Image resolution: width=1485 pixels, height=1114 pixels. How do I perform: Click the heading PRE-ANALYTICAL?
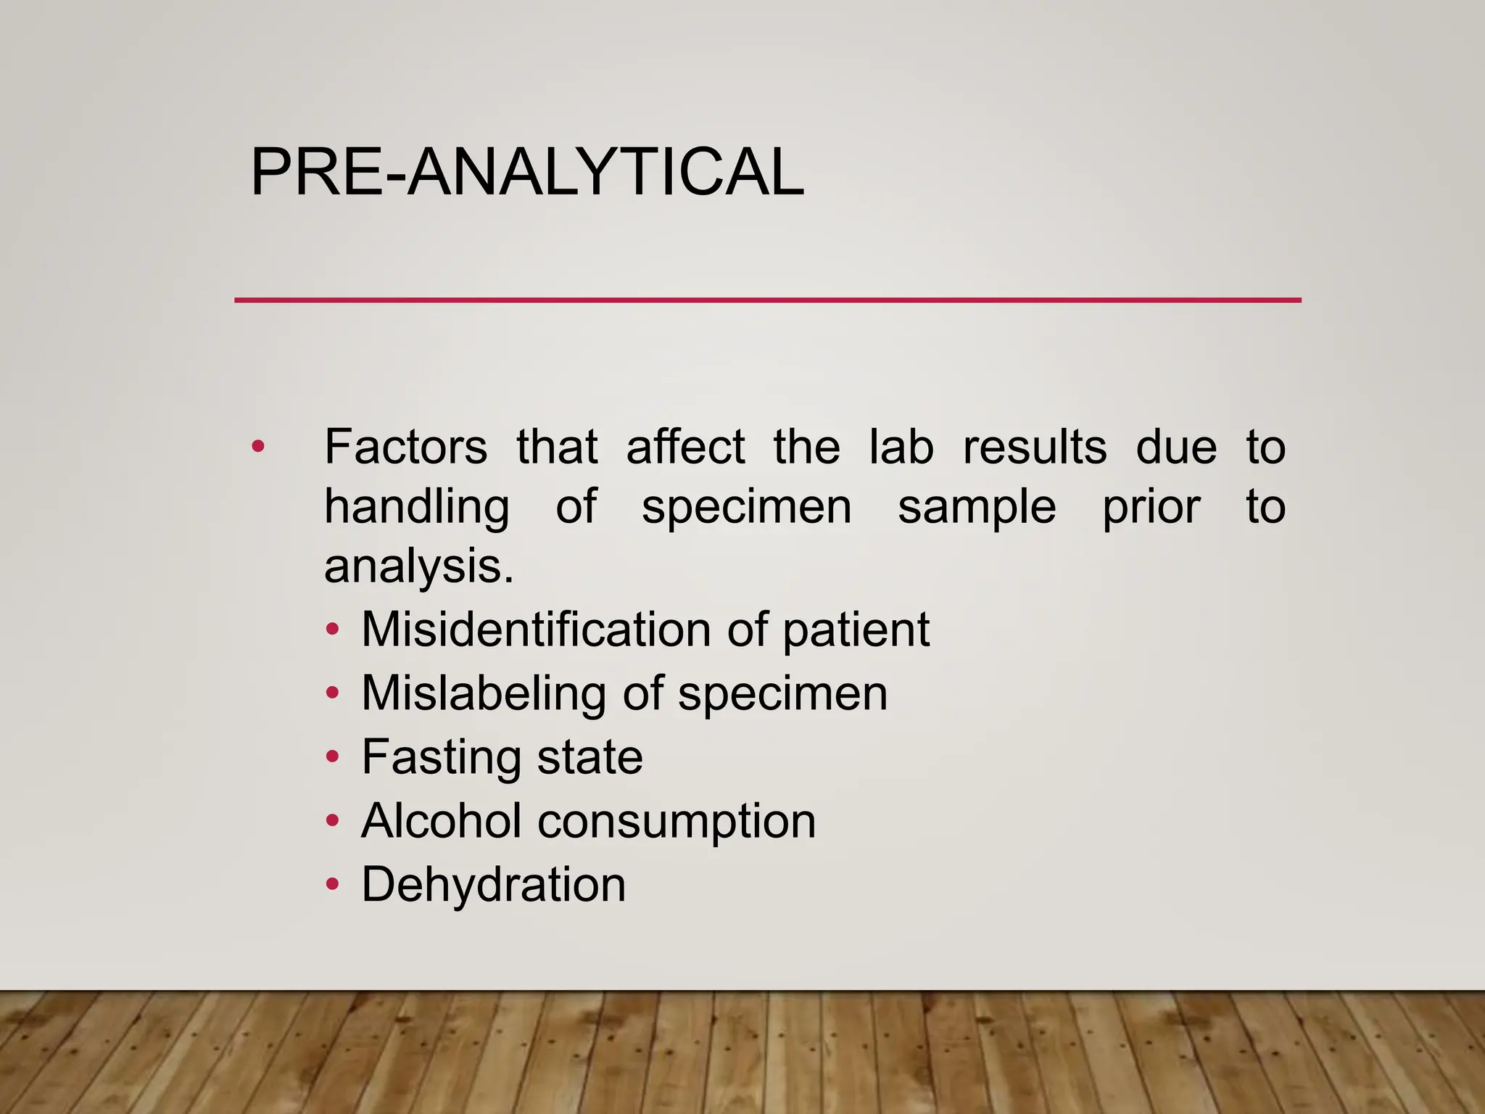pos(526,172)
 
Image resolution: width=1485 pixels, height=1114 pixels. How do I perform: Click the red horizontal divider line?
pos(767,300)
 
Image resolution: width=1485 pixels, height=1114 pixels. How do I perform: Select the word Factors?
pos(405,447)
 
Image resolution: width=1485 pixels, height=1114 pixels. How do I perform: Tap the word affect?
pos(685,447)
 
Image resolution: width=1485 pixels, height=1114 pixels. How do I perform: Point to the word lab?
pos(901,447)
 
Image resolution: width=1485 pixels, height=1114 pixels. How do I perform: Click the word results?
pos(1035,447)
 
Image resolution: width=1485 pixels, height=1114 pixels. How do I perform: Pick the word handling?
pos(417,507)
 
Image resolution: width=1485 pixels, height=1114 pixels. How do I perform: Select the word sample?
pos(977,507)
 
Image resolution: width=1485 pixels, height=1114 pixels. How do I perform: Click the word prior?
pos(1151,507)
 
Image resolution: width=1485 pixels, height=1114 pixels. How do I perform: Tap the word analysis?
pos(418,566)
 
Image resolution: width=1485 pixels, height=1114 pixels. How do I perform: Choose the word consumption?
pos(677,821)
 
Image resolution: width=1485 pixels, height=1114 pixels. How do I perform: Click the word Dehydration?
pos(493,885)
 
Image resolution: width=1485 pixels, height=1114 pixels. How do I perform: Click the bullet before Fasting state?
pos(332,757)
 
